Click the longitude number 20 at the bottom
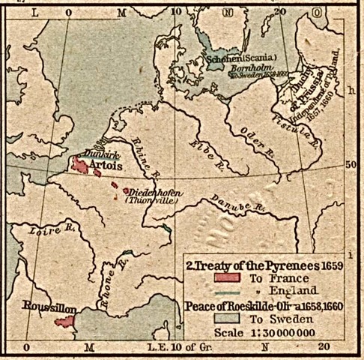tap(323, 347)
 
